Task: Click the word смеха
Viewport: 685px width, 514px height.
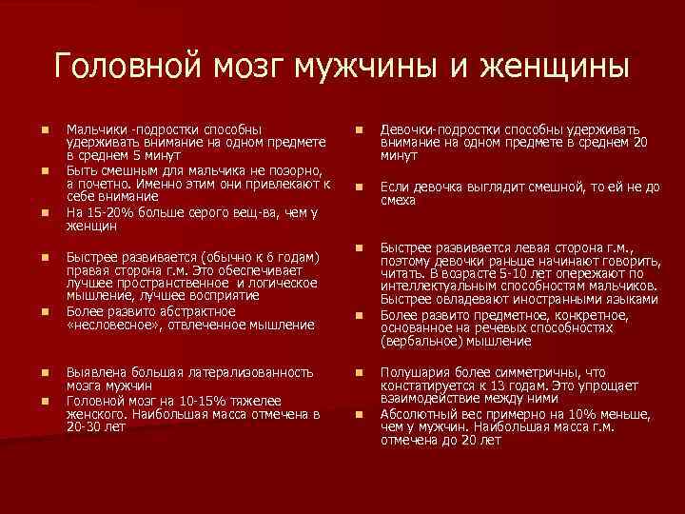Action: coord(399,202)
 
